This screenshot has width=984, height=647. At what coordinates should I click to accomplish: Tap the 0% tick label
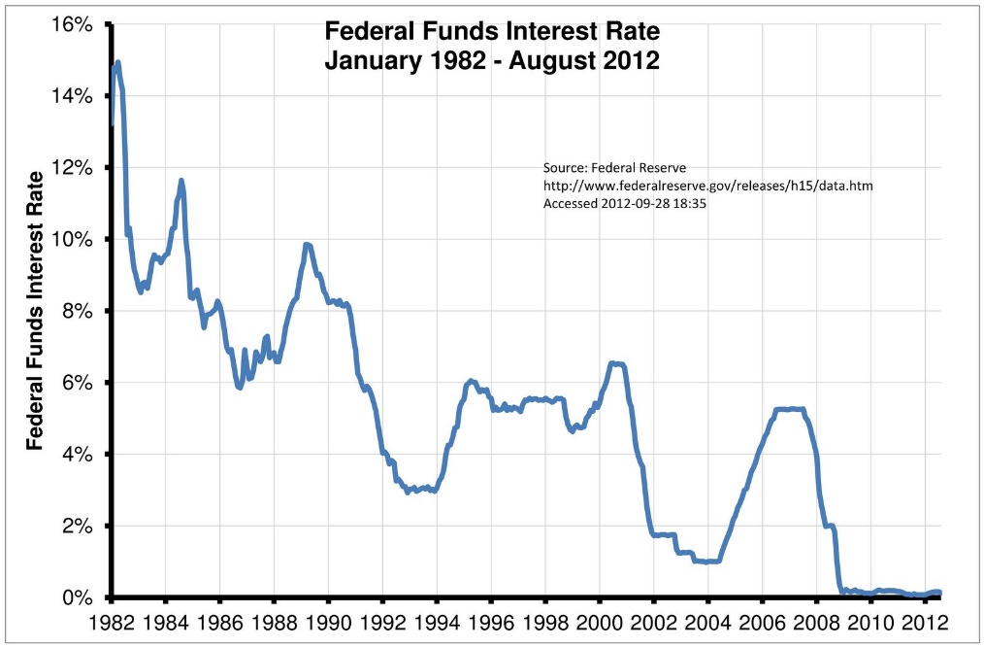[x=78, y=597]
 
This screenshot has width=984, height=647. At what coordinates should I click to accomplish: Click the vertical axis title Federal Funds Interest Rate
[x=36, y=310]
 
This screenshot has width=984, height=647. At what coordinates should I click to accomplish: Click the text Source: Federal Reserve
[x=614, y=168]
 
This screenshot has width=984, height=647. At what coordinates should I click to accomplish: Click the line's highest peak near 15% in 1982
[x=117, y=63]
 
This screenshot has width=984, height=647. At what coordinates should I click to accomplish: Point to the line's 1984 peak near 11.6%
[x=181, y=181]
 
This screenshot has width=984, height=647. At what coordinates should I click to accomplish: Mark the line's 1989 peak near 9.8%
[x=307, y=245]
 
